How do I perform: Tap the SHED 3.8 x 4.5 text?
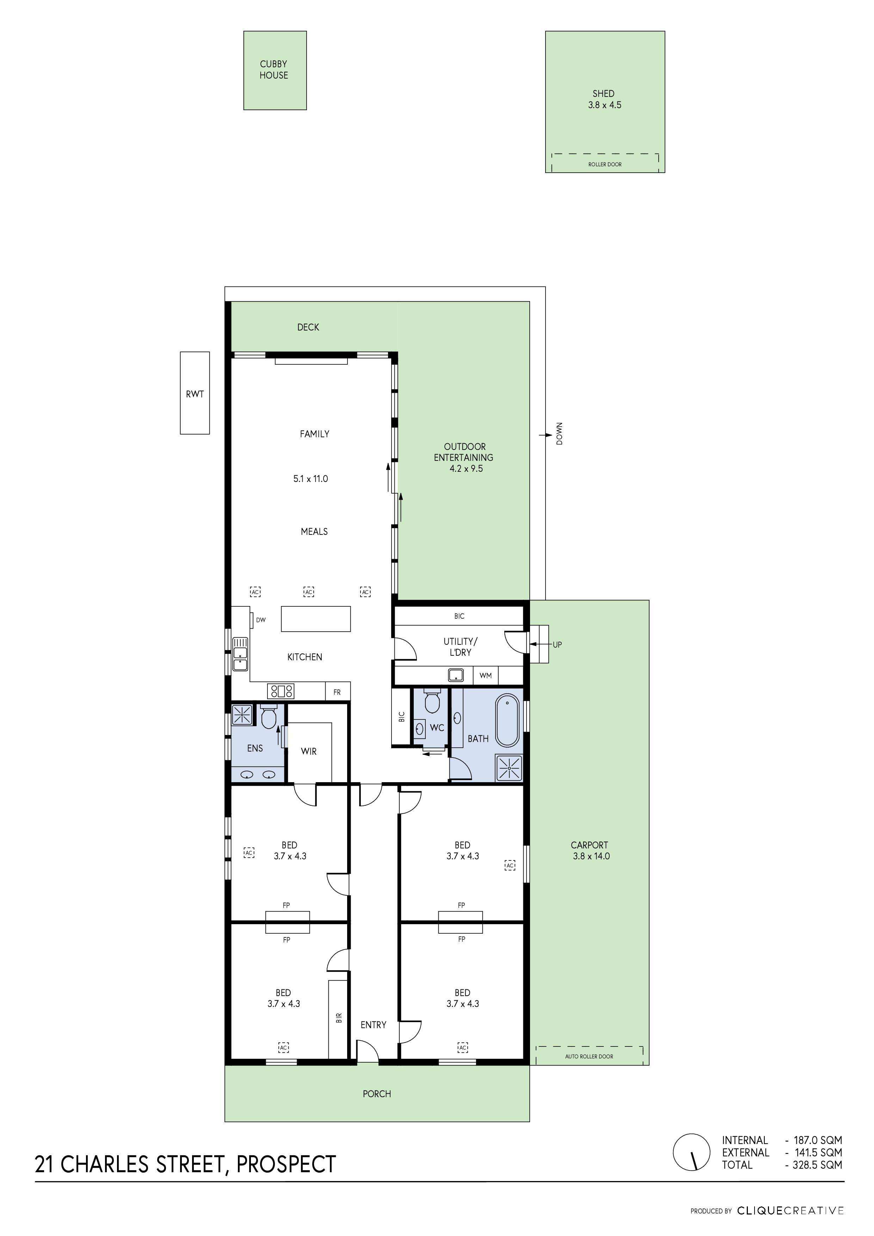point(604,99)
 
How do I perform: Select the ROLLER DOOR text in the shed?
point(605,164)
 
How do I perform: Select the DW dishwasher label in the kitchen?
point(261,620)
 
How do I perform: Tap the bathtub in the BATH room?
point(507,721)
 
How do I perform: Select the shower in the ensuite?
point(242,714)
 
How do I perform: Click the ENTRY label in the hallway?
point(373,1025)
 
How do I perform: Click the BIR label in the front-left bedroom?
point(339,1018)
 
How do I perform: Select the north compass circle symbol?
point(691,1152)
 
